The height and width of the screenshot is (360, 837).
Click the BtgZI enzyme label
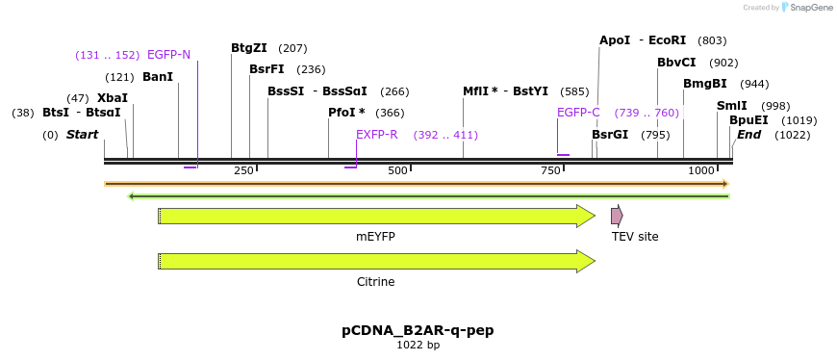pyautogui.click(x=249, y=48)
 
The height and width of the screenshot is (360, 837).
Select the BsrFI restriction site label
pyautogui.click(x=266, y=69)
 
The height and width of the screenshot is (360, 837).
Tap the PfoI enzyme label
pyautogui.click(x=346, y=113)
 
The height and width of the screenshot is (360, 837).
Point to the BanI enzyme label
pyautogui.click(x=158, y=77)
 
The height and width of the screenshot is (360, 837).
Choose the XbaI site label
pyautogui.click(x=113, y=98)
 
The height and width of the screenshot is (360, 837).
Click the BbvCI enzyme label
pyautogui.click(x=676, y=63)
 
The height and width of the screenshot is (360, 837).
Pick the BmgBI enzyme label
pyautogui.click(x=705, y=84)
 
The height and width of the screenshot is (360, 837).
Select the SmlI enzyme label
pyautogui.click(x=732, y=106)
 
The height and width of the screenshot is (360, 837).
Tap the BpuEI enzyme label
pyautogui.click(x=748, y=120)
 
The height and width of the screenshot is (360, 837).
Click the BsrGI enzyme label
pyautogui.click(x=610, y=135)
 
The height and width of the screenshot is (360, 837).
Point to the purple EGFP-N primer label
pyautogui.click(x=169, y=55)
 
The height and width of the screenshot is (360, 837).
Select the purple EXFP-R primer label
pyautogui.click(x=377, y=135)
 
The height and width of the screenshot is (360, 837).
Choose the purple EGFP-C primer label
pyautogui.click(x=578, y=113)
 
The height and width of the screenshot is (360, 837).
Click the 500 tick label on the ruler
pyautogui.click(x=397, y=170)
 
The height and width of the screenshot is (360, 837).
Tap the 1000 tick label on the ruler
pyautogui.click(x=701, y=170)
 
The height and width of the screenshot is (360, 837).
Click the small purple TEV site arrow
pyautogui.click(x=617, y=216)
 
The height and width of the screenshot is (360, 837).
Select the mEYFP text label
pyautogui.click(x=375, y=237)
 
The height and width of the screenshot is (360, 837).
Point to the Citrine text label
pyautogui.click(x=375, y=282)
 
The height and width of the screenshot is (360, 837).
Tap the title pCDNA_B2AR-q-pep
pyautogui.click(x=418, y=330)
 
